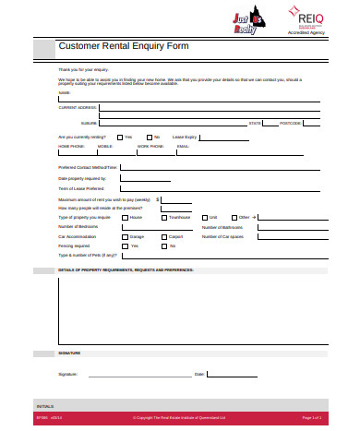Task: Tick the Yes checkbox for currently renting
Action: (118, 137)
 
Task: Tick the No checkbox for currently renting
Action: (147, 137)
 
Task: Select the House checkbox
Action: (124, 217)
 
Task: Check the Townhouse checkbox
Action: (161, 217)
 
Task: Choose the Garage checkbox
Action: (123, 236)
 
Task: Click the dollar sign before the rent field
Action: (158, 198)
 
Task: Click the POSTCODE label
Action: (291, 122)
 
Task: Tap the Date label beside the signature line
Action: (198, 374)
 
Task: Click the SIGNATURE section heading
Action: (69, 353)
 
